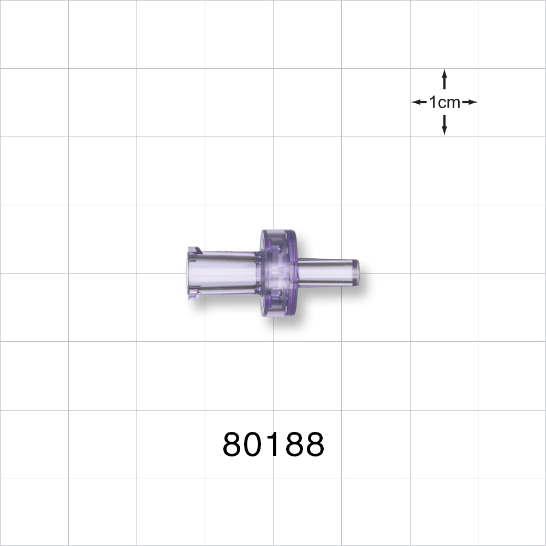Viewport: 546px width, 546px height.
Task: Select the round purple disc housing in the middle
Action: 277,273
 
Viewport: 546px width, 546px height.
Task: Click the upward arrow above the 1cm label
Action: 444,79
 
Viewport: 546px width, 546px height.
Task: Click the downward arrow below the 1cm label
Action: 444,126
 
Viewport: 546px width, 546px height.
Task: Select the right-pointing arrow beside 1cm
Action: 470,102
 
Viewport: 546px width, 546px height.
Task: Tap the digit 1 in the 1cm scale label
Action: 433,102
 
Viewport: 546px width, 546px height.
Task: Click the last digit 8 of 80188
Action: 314,444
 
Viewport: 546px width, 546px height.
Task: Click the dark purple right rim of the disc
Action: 295,273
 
